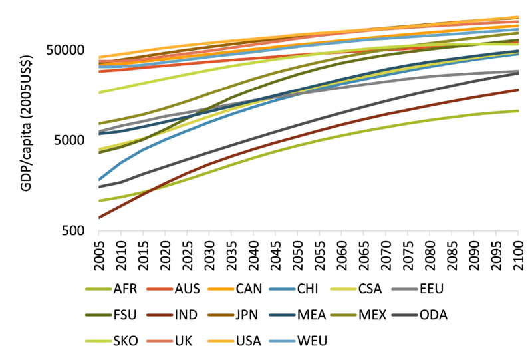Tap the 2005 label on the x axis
(x=98, y=252)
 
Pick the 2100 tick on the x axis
(x=518, y=252)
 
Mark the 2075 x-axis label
(x=408, y=252)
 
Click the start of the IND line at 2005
(x=98, y=218)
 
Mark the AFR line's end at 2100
(x=518, y=110)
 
